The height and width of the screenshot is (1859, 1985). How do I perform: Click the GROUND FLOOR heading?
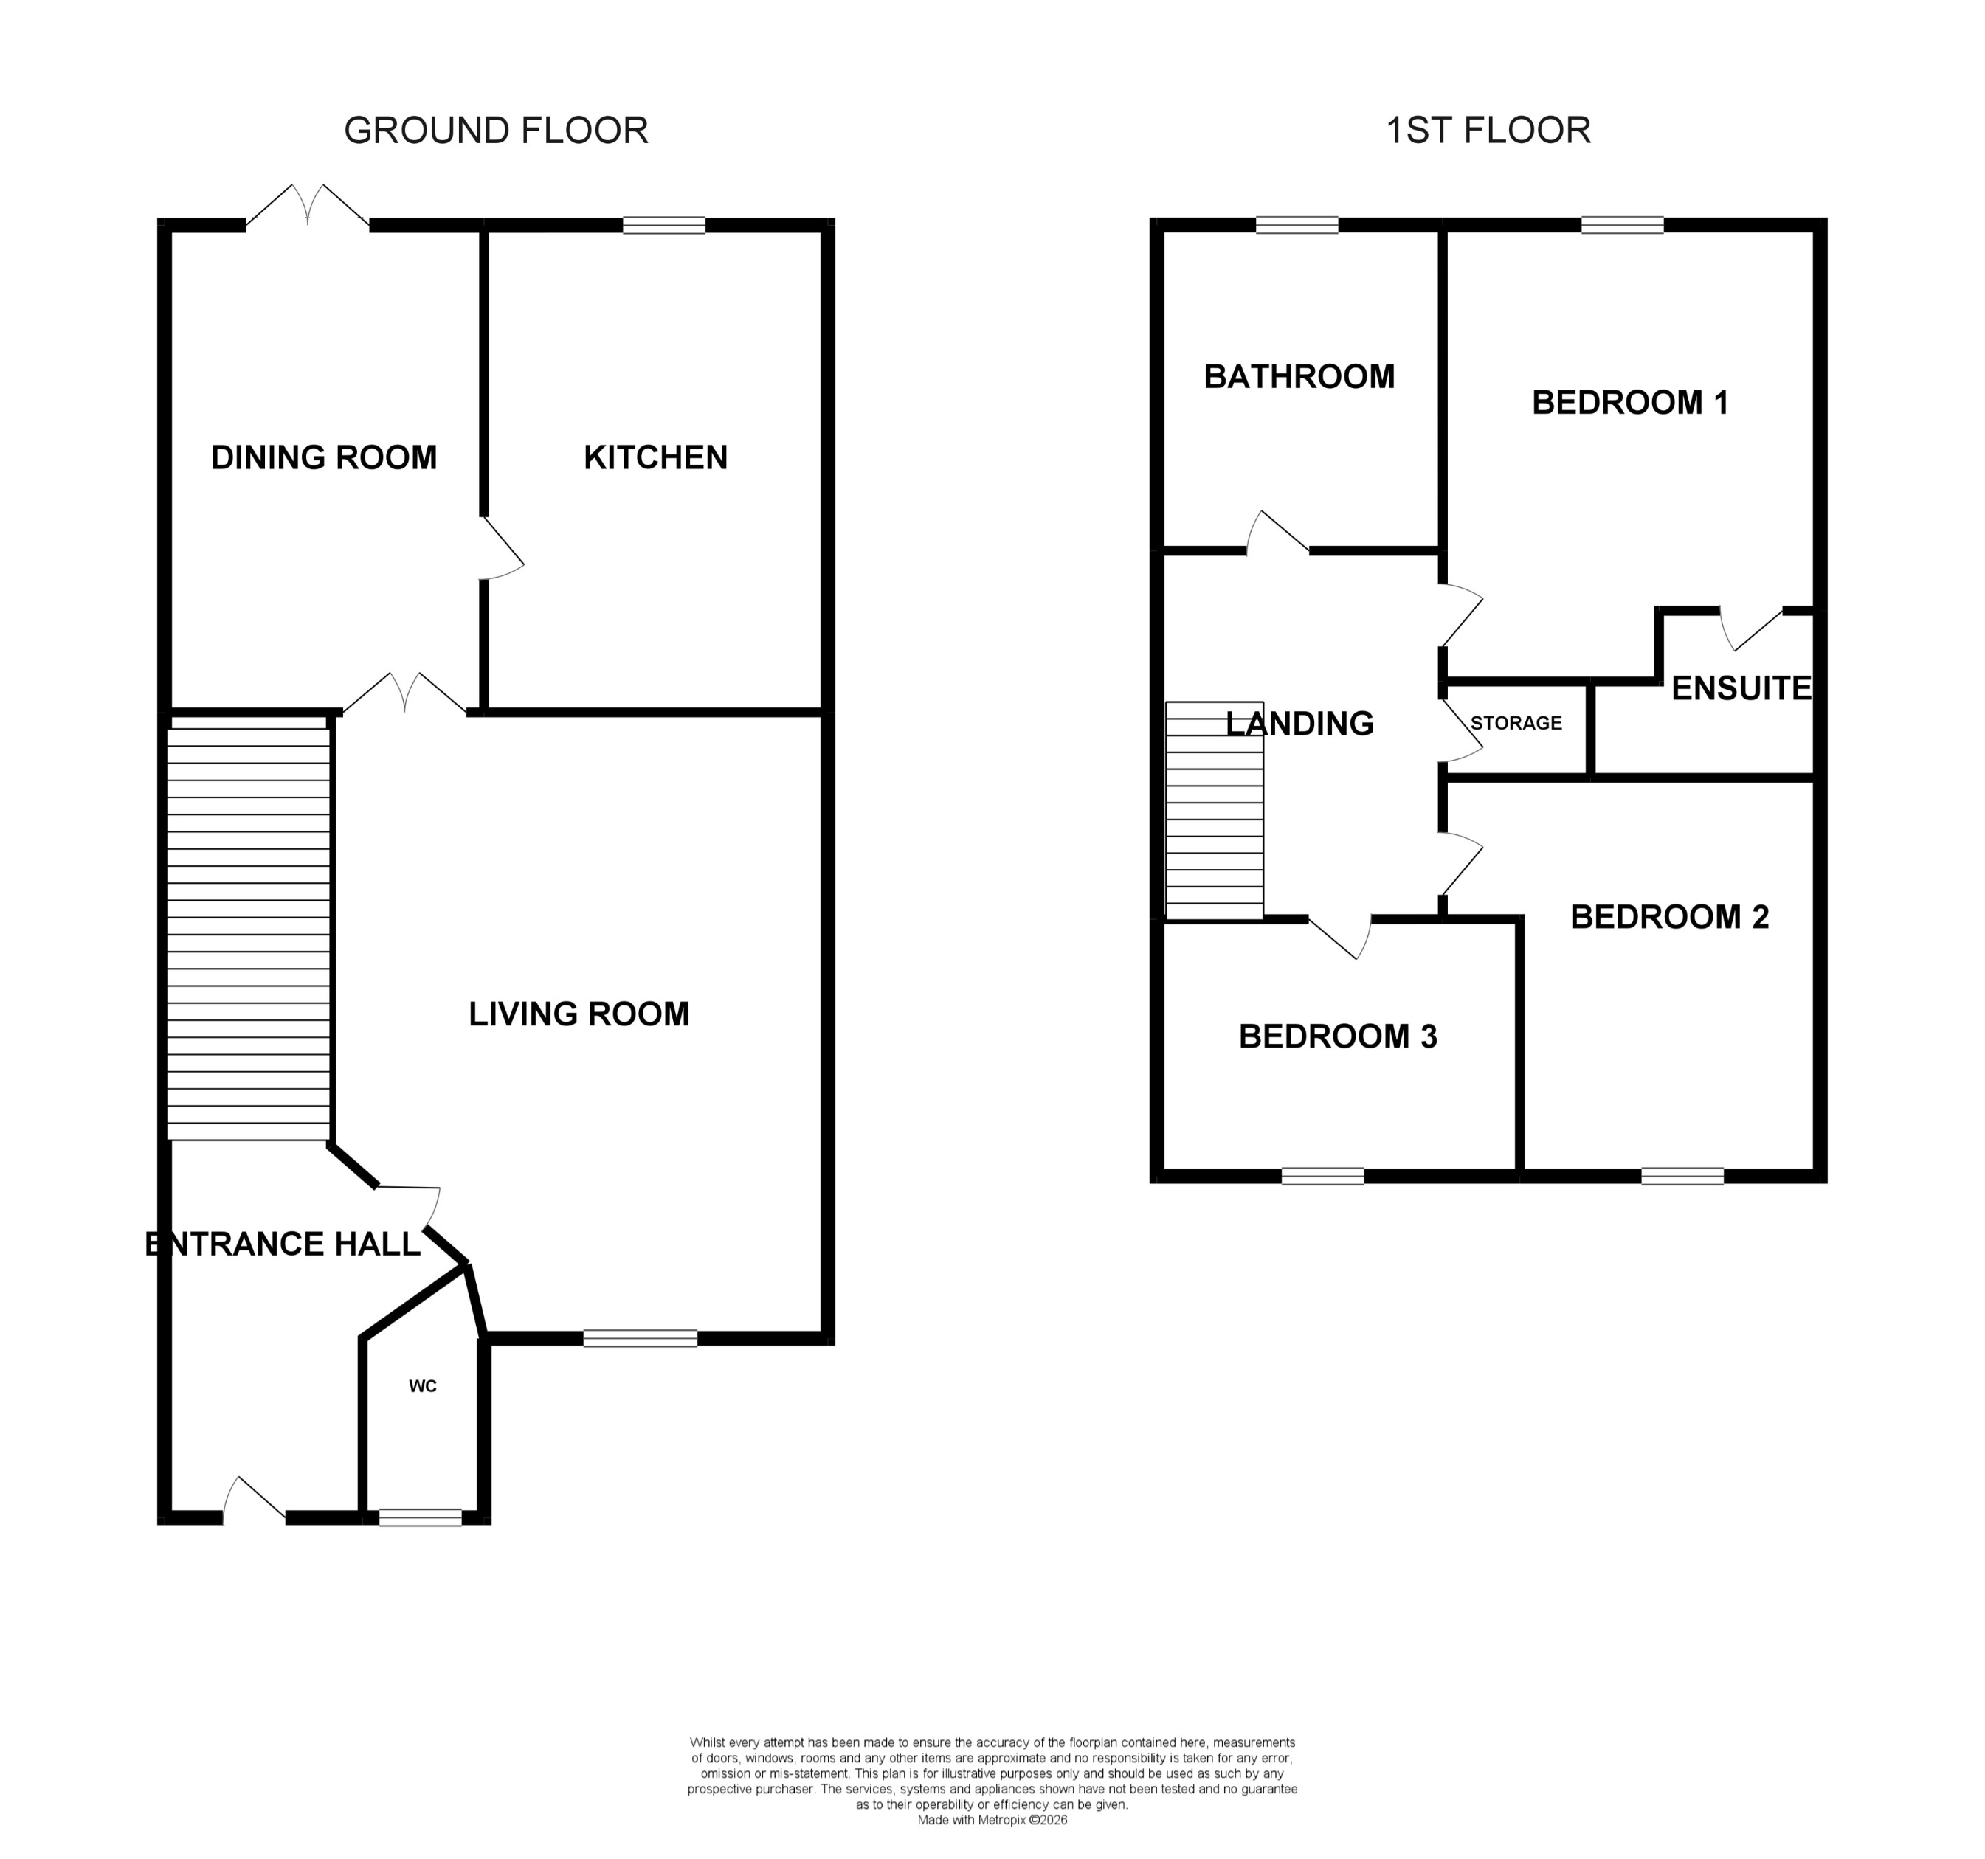pos(495,131)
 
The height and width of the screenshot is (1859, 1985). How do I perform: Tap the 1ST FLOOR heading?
pos(1487,131)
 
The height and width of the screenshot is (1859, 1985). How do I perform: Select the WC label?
pos(422,1385)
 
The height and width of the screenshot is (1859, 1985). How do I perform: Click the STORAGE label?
pos(1515,723)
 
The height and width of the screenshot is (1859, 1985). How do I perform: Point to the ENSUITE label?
pos(1740,688)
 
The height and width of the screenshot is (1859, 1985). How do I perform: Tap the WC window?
pos(421,1517)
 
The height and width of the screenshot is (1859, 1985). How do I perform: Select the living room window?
pos(640,1339)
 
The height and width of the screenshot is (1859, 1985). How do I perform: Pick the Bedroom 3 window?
pos(1322,1176)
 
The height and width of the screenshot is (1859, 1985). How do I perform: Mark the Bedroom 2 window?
pos(1682,1176)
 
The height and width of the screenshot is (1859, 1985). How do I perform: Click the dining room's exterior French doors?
pos(308,209)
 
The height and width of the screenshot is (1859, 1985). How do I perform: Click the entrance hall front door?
pos(254,1503)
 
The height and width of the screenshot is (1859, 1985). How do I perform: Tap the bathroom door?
pos(1277,533)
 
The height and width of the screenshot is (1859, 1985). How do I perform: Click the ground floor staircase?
pos(248,933)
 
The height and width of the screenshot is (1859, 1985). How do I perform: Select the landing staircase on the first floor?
pos(1214,811)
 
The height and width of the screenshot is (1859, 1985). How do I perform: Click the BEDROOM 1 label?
pos(1629,402)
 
